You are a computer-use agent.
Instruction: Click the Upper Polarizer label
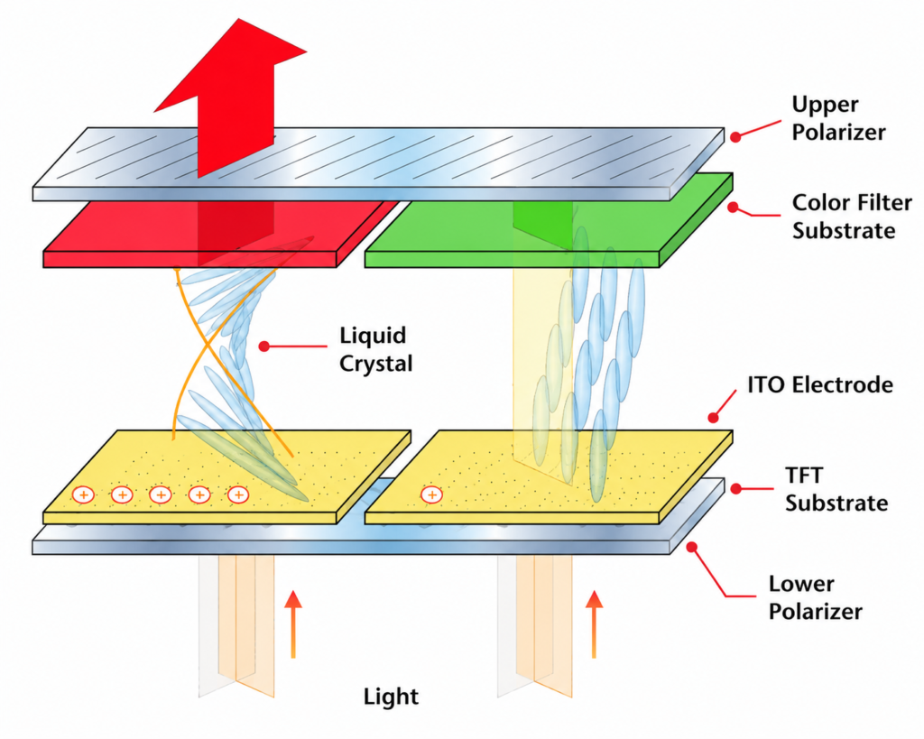[x=838, y=118]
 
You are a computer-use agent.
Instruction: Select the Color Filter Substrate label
[x=852, y=217]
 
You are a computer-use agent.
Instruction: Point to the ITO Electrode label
[x=820, y=384]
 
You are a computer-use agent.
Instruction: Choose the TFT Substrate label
[x=836, y=489]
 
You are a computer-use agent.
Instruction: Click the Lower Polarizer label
[x=815, y=597]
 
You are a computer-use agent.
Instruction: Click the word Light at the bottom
[x=391, y=697]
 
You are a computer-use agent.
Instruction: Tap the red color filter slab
[x=221, y=236]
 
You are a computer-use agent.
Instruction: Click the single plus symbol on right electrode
[x=432, y=494]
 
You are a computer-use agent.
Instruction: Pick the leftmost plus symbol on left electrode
[x=84, y=494]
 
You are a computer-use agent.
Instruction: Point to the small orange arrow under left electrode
[x=293, y=624]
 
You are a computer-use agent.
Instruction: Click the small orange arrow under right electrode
[x=594, y=624]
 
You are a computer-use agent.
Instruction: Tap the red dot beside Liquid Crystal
[x=264, y=346]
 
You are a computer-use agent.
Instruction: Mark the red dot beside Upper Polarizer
[x=735, y=137]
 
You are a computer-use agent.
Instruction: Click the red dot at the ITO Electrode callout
[x=713, y=418]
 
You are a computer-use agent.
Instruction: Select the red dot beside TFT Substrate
[x=736, y=488]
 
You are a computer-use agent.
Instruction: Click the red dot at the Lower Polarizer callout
[x=692, y=547]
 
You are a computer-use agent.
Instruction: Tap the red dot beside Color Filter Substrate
[x=733, y=208]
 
